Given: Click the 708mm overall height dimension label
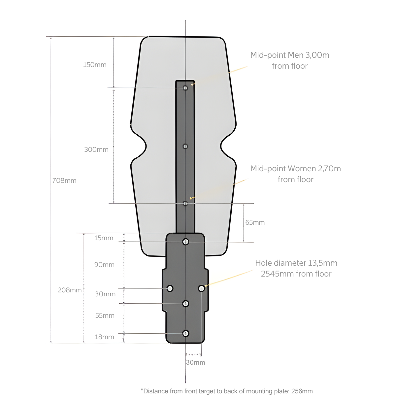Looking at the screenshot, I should tap(64, 181).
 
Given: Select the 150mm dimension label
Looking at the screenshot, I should tap(95, 65).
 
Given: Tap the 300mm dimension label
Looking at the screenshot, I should tap(96, 149).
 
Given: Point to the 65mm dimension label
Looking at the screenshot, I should tap(255, 222).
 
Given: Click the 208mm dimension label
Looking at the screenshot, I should tap(70, 290).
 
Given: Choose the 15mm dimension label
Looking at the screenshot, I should tap(104, 238).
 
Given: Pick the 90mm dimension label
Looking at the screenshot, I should tap(104, 265).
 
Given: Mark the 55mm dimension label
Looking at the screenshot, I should tap(105, 315).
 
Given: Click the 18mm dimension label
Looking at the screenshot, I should tap(104, 337).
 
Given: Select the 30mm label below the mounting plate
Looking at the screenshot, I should tap(195, 362).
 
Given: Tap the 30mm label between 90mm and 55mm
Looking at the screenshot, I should tap(105, 294).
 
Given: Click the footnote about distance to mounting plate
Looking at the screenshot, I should tap(227, 391).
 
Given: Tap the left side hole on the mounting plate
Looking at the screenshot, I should tap(170, 288).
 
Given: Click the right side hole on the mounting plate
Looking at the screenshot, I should tap(201, 288).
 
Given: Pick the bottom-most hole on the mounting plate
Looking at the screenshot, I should tap(186, 333).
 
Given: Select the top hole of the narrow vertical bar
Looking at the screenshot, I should tap(185, 88).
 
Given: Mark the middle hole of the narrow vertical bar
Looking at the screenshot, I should tap(185, 146).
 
